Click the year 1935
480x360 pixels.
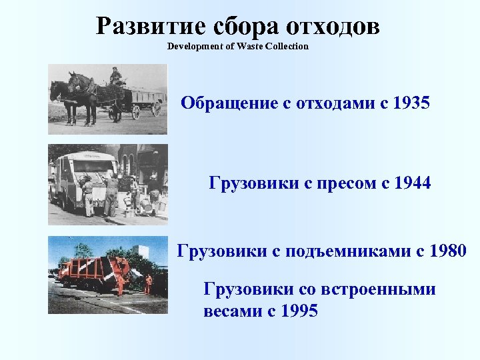[410, 104]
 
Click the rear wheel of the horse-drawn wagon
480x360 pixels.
[156, 108]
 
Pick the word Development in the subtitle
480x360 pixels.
[193, 46]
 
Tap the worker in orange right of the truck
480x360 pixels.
[148, 284]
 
